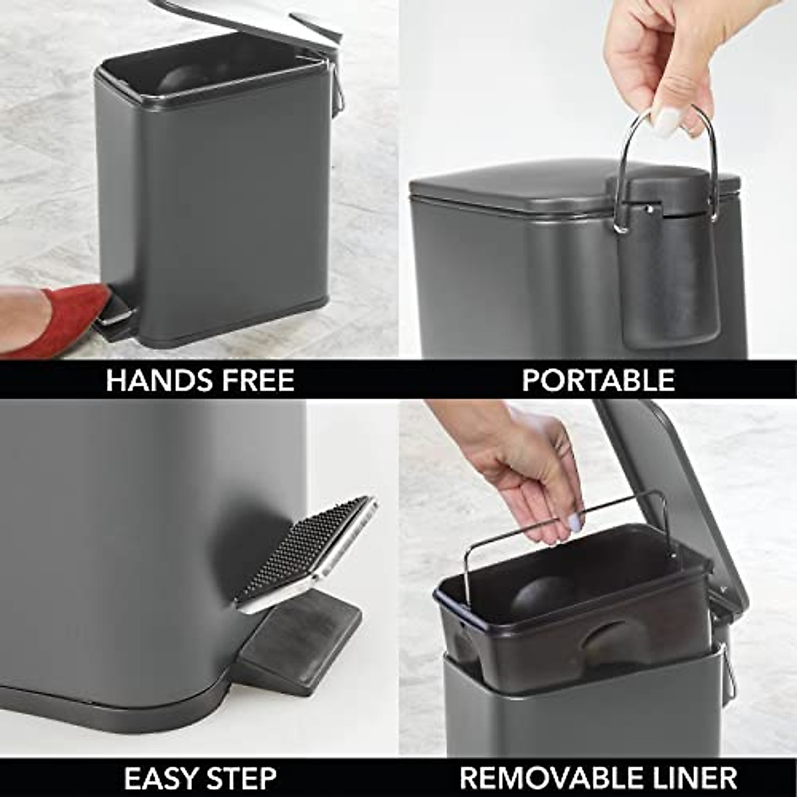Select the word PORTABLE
598,381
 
